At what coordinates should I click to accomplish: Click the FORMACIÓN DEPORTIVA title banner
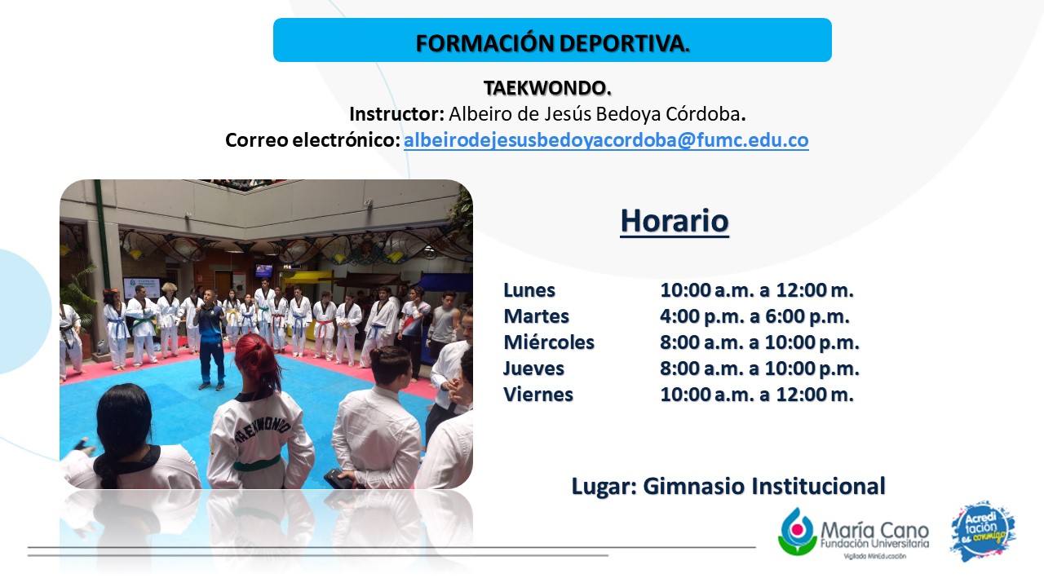click(552, 40)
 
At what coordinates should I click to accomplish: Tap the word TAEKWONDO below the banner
click(547, 88)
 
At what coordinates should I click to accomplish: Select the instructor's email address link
click(606, 139)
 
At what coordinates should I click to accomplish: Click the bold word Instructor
click(397, 114)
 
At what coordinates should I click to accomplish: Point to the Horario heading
click(675, 221)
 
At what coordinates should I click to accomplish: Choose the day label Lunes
click(529, 290)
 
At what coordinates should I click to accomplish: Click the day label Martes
click(537, 316)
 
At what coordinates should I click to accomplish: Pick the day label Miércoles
click(549, 342)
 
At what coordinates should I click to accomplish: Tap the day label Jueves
click(533, 369)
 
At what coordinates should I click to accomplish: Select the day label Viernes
click(538, 395)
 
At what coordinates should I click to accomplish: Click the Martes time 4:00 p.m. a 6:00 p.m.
click(754, 316)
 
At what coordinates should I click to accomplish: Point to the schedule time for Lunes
click(757, 290)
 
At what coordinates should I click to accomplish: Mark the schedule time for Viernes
click(757, 395)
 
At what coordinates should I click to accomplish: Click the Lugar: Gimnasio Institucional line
click(728, 486)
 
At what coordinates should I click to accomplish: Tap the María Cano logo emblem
click(798, 531)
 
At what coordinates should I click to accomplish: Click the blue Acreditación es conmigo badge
click(984, 531)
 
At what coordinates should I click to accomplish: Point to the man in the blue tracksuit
click(210, 340)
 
